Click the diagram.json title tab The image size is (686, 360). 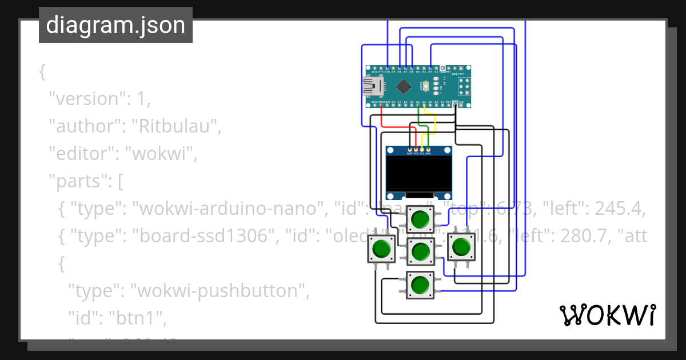(x=115, y=25)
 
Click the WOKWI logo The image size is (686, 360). (x=607, y=315)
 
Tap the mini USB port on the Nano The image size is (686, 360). (x=372, y=86)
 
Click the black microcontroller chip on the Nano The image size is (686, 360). (x=404, y=86)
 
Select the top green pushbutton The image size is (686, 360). (x=420, y=219)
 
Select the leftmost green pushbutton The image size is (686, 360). (x=381, y=249)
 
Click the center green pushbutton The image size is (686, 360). (x=420, y=251)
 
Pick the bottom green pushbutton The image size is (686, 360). (x=420, y=285)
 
